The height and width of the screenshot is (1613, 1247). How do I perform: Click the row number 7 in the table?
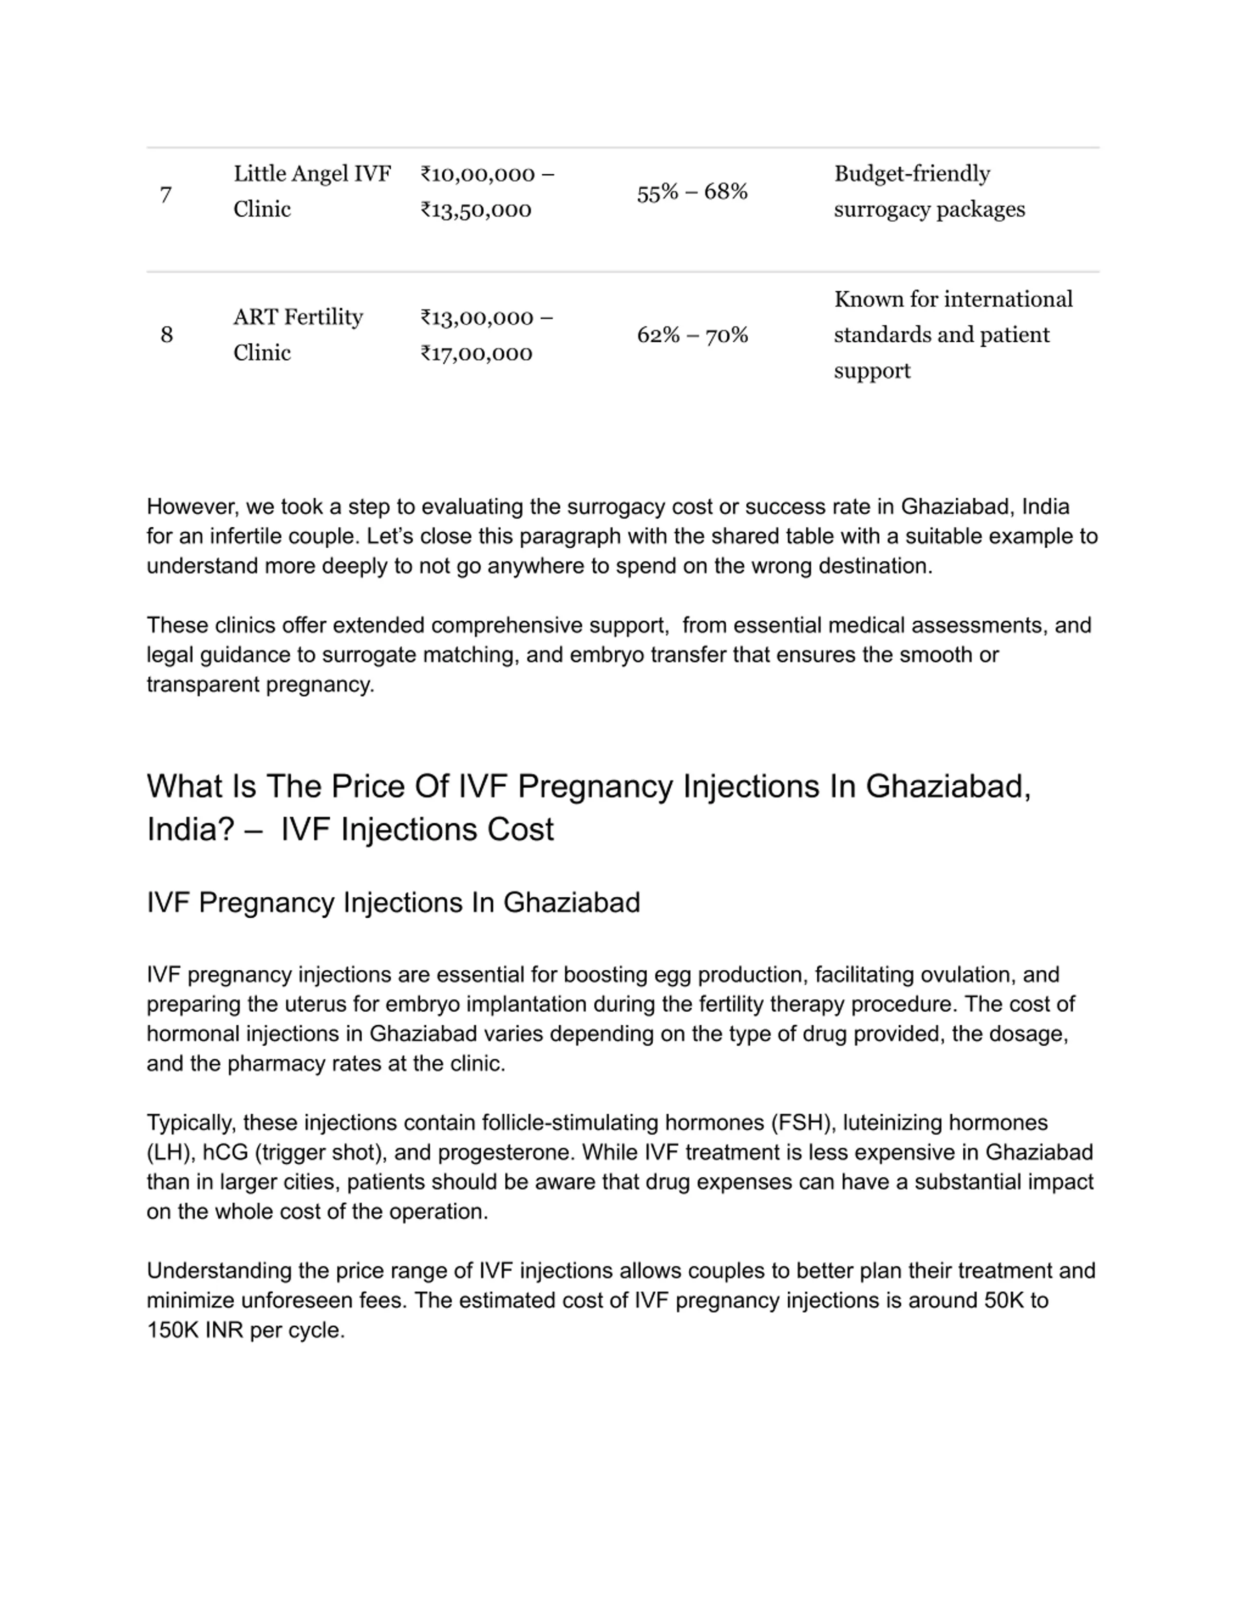coord(166,195)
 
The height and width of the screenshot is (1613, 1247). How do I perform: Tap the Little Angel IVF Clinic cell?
coord(312,191)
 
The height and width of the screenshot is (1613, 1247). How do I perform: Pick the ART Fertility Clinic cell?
coord(298,334)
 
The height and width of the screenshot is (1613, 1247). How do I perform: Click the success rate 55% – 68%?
coord(692,192)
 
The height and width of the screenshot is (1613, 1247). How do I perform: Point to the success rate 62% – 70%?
coord(692,335)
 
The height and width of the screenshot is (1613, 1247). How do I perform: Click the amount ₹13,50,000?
coord(476,210)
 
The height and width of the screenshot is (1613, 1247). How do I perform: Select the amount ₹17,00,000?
coord(476,353)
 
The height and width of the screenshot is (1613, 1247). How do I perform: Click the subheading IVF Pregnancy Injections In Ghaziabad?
coord(393,903)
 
